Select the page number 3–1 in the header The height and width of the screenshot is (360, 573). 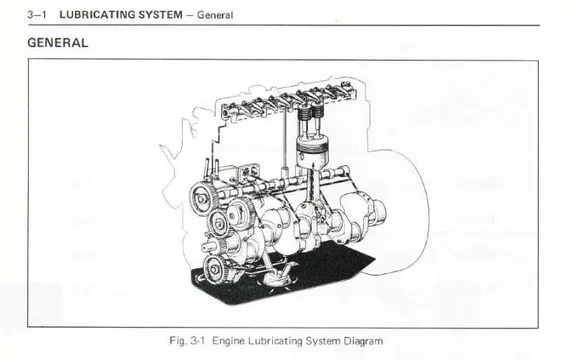click(37, 15)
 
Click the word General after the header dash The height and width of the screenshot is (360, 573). click(215, 15)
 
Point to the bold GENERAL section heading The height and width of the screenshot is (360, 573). click(58, 43)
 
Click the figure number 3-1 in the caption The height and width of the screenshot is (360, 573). click(198, 341)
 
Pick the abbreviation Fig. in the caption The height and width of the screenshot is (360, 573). click(178, 341)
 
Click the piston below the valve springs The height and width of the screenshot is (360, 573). click(312, 152)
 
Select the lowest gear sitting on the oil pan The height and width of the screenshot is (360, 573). click(215, 270)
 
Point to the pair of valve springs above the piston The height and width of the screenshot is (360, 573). click(311, 112)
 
